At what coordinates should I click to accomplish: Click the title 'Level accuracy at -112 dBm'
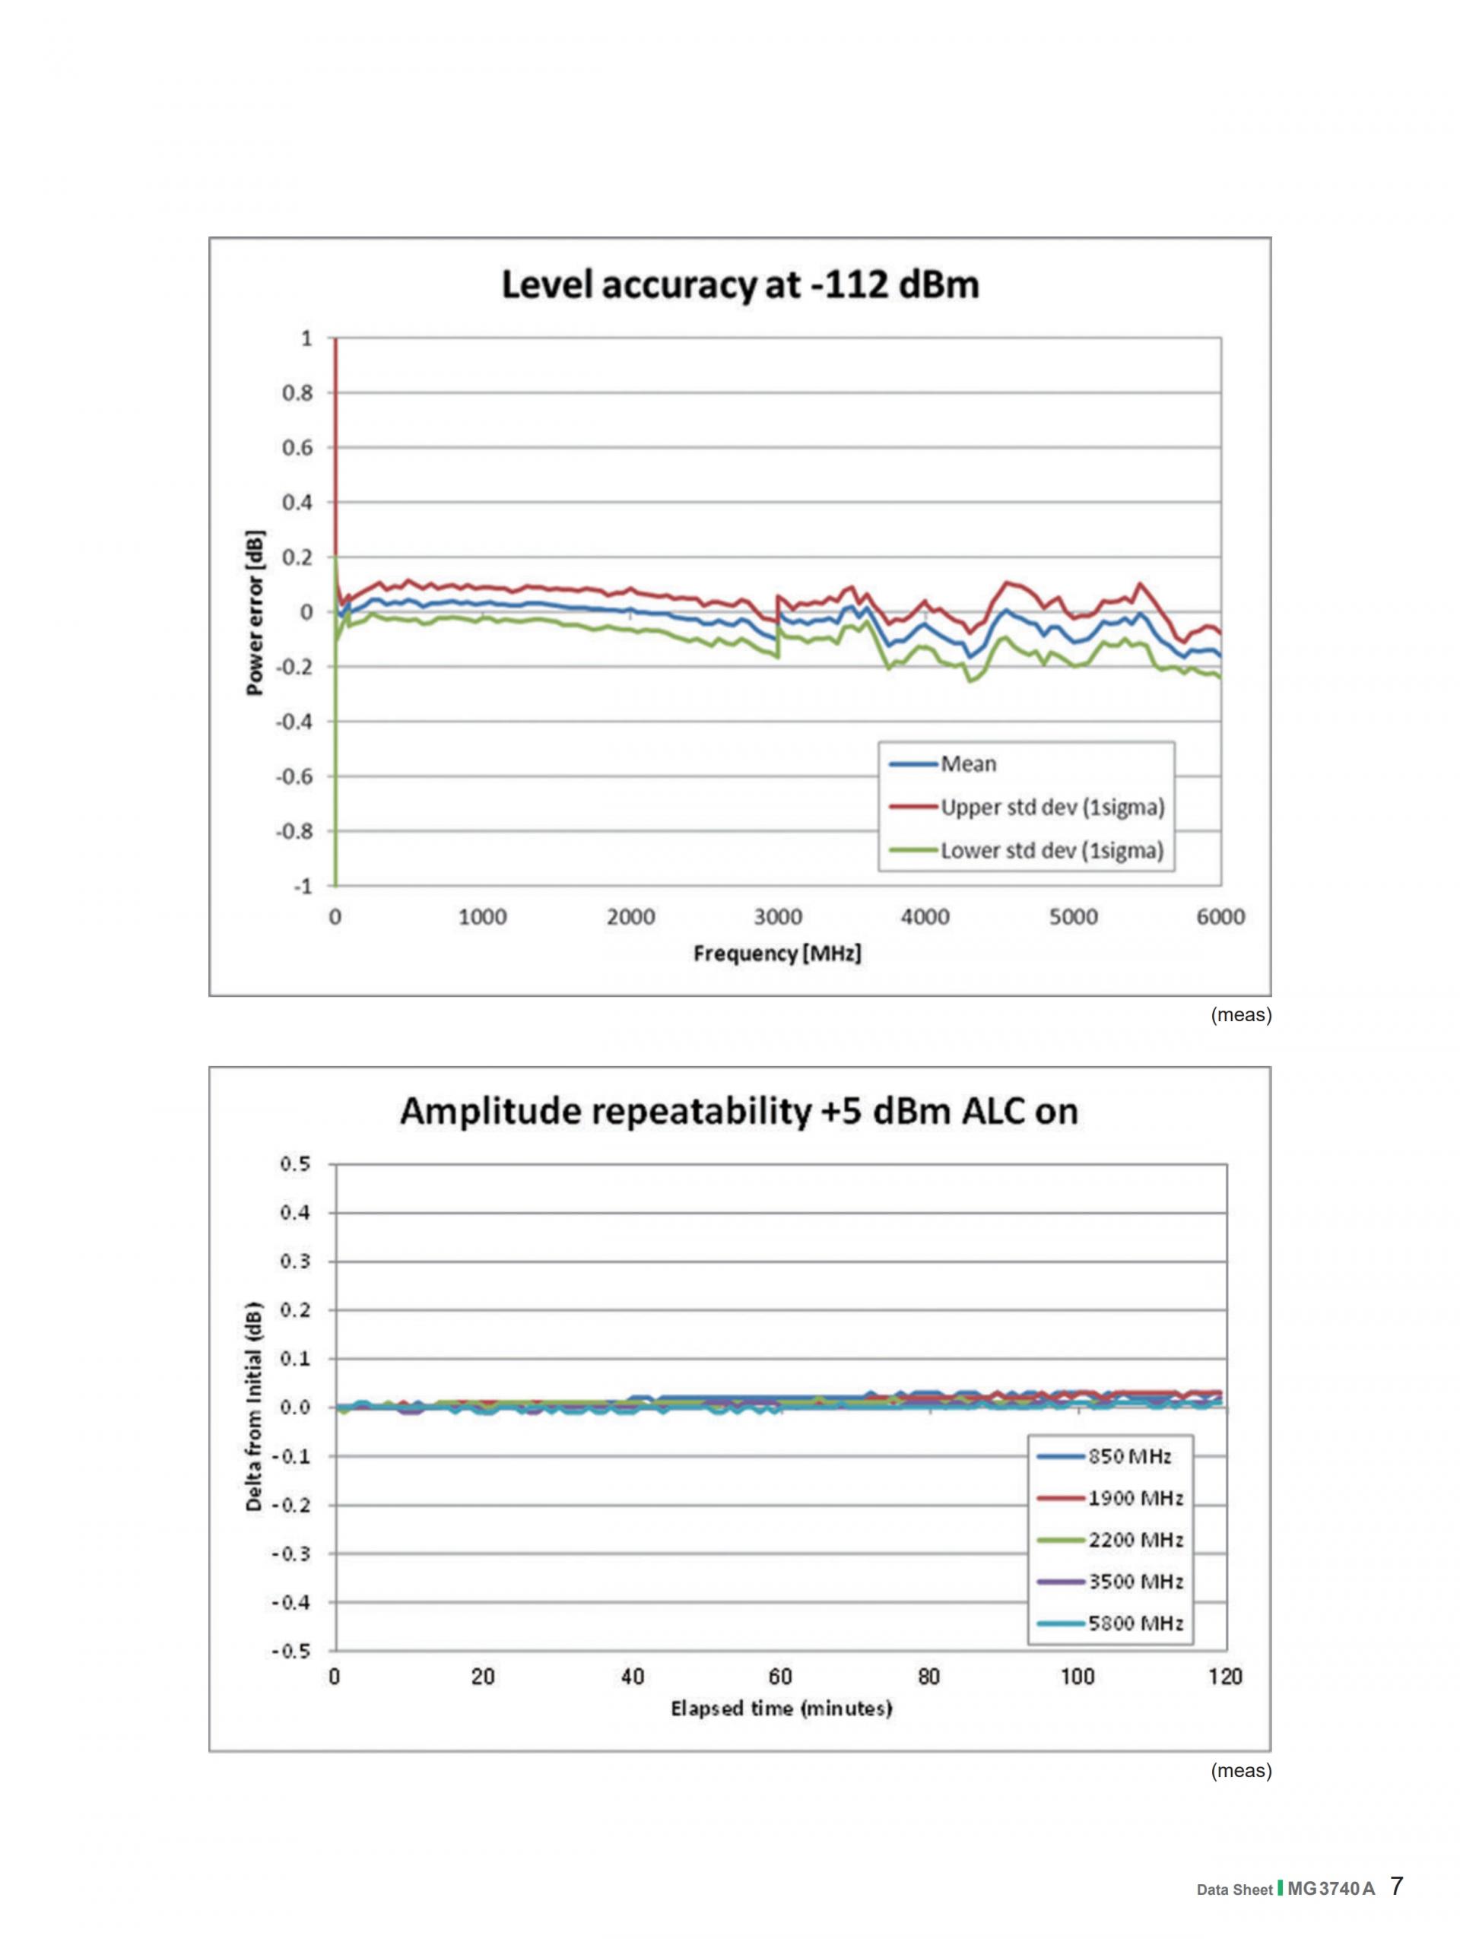coord(740,286)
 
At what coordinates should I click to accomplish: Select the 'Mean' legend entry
coord(968,763)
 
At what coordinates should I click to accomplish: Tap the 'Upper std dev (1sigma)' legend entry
coord(1052,807)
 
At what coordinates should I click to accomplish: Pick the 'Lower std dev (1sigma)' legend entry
coord(1052,850)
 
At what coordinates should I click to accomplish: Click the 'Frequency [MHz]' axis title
coord(777,953)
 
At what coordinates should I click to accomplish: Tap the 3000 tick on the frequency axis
coord(778,917)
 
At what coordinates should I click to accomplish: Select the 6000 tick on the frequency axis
coord(1220,917)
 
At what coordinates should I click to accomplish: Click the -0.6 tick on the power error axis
coord(294,776)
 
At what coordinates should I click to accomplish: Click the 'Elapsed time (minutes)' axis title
coord(781,1709)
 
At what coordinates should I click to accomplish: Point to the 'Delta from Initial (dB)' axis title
coord(254,1407)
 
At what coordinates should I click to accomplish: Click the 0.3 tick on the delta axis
coord(294,1261)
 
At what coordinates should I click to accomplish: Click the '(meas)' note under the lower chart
coord(1240,1771)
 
